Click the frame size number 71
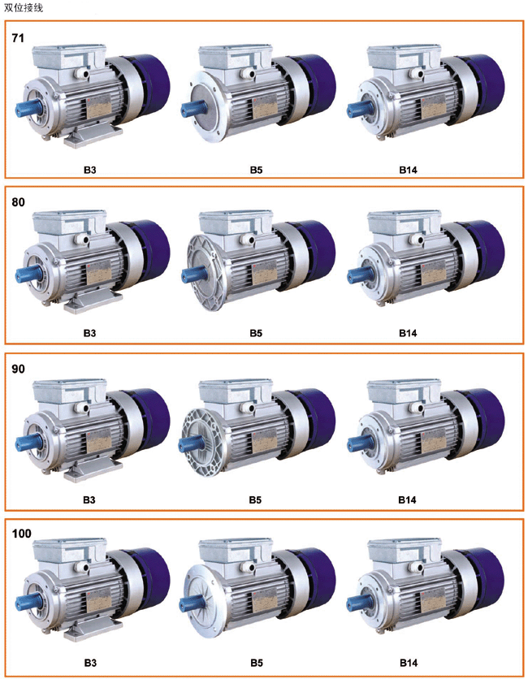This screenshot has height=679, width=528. click(18, 38)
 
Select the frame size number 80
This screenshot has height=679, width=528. click(18, 202)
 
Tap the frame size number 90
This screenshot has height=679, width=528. click(18, 369)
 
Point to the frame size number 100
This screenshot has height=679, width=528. click(22, 534)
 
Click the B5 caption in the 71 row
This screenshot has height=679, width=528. click(256, 170)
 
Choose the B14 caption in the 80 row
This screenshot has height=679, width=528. click(408, 333)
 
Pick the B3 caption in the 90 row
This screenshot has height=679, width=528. click(89, 500)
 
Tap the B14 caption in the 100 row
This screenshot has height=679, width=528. click(408, 663)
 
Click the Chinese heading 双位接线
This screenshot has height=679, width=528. click(24, 7)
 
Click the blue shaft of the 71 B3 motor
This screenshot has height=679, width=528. click(27, 108)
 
